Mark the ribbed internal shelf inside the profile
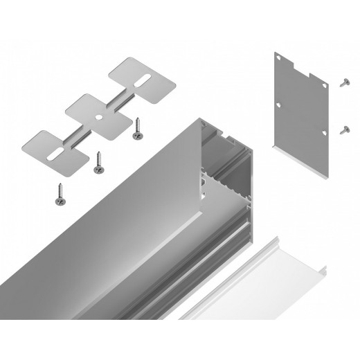pos(228,183)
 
